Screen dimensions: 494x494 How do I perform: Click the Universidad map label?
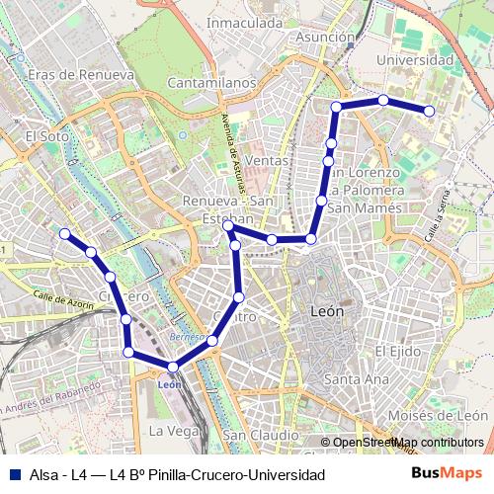click(416, 60)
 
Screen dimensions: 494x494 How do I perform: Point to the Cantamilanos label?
click(211, 85)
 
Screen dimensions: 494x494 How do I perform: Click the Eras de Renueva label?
click(81, 75)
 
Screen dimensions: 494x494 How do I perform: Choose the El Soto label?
click(44, 136)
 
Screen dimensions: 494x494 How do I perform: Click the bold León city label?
click(327, 310)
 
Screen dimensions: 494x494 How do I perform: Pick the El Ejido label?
click(398, 351)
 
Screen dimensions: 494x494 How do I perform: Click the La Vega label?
click(168, 432)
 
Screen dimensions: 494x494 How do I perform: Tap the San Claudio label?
click(261, 435)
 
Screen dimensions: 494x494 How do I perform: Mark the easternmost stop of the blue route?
click(430, 111)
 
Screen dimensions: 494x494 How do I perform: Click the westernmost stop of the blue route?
click(64, 234)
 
